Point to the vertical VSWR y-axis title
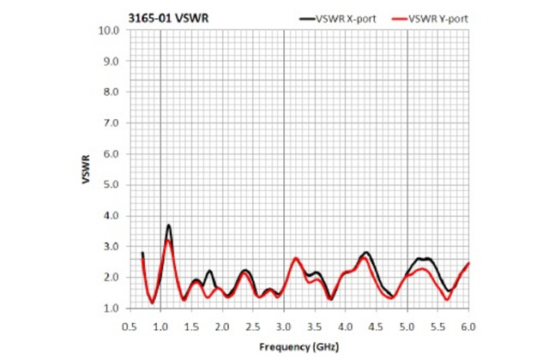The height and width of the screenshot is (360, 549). (87, 169)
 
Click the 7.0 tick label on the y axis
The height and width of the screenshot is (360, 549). (112, 123)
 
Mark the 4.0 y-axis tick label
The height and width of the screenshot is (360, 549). (112, 215)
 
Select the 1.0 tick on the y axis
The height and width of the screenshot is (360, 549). (112, 308)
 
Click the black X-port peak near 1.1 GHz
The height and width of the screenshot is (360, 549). (169, 225)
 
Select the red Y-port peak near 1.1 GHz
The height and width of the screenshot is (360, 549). (169, 241)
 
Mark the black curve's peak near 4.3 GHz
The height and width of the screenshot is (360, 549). (366, 253)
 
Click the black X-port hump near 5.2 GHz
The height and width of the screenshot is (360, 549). (422, 258)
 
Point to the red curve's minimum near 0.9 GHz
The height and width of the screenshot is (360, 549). (153, 302)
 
